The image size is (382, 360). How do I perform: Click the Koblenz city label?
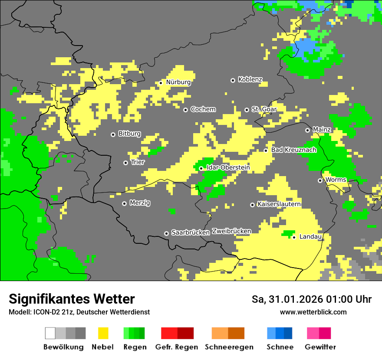coord(250,79)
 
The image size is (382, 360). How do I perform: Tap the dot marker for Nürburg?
coord(161,82)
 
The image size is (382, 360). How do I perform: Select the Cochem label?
coord(203,109)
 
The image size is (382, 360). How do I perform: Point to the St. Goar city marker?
coord(247,110)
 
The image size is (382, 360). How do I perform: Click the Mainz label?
coord(322,130)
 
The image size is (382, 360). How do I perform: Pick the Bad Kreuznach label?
coord(293,150)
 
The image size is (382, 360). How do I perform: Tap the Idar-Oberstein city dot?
coord(201,168)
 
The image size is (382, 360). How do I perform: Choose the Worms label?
coord(336,180)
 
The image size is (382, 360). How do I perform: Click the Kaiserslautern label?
coord(279,204)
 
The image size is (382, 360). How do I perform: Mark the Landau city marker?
coord(294,237)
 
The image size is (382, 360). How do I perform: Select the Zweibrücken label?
coord(231,231)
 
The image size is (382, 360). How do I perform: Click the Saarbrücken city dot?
coord(166,233)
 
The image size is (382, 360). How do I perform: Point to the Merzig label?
coord(140,203)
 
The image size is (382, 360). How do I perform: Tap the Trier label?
coord(138,162)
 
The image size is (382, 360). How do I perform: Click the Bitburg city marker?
coord(113,134)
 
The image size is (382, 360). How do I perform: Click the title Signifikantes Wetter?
coord(72,299)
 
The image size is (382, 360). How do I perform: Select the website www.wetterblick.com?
coord(313,312)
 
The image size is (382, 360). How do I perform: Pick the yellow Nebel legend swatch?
coord(103,333)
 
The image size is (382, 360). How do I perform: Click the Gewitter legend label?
coord(320,347)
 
